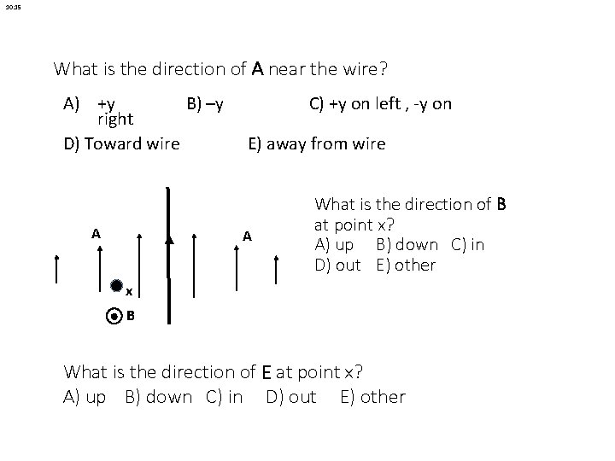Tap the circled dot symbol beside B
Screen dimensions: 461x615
tap(115, 316)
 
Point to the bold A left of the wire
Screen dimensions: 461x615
tap(97, 233)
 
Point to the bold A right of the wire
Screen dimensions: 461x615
tap(246, 236)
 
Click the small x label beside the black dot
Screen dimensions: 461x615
tap(129, 292)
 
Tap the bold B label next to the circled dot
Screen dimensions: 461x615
tap(131, 316)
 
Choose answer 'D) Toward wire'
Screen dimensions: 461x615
tap(122, 143)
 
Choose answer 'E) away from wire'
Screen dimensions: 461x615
tap(316, 143)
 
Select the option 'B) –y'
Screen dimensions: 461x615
tap(205, 104)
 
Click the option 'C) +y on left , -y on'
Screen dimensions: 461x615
tap(380, 104)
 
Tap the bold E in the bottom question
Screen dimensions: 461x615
tap(267, 372)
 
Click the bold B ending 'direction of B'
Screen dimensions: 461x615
tap(501, 205)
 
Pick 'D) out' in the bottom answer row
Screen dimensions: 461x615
tap(290, 397)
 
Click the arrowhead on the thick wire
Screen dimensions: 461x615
tap(169, 241)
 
